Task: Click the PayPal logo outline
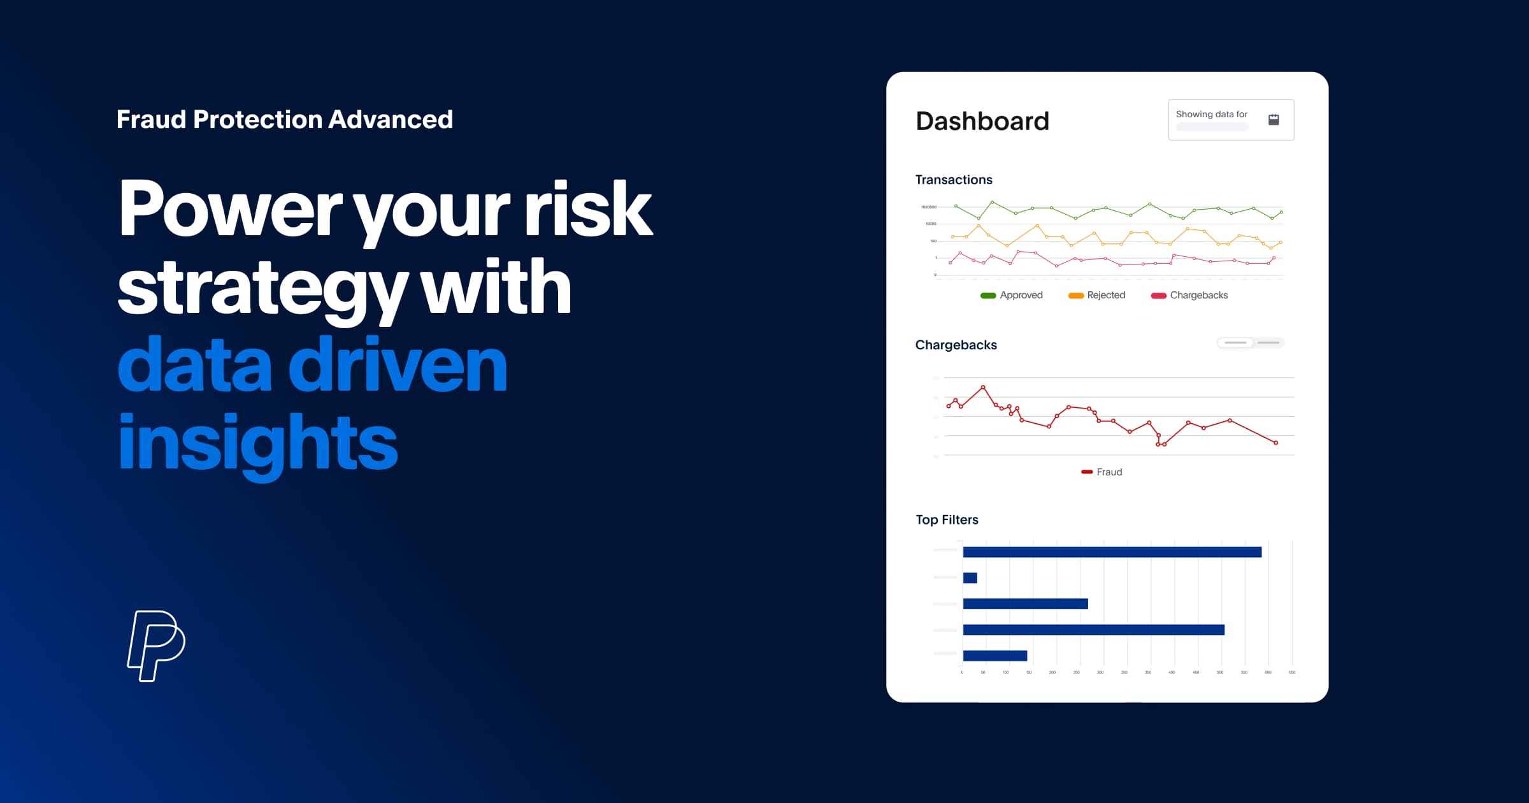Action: (x=156, y=645)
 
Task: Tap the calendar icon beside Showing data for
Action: (x=1274, y=119)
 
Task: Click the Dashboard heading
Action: (x=982, y=121)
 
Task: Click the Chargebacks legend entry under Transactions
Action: (x=1189, y=295)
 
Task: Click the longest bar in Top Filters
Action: (x=1112, y=552)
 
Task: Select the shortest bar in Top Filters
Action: (x=970, y=578)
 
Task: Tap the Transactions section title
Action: (x=954, y=180)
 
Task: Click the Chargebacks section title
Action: (x=956, y=345)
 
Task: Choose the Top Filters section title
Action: (x=947, y=519)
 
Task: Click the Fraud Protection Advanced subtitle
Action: (x=285, y=120)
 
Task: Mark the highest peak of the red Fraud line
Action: (x=983, y=387)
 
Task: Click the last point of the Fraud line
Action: (x=1275, y=442)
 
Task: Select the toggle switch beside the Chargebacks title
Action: (x=1250, y=343)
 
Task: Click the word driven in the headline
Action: (x=398, y=365)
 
